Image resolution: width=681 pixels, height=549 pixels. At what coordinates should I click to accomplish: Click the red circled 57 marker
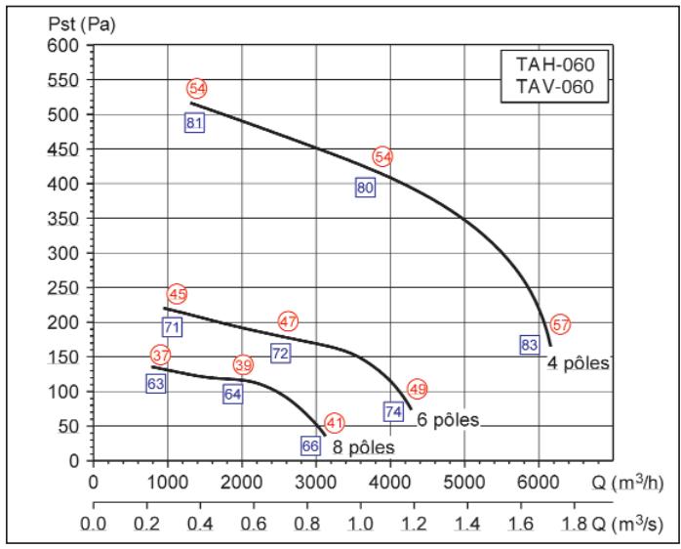tap(559, 324)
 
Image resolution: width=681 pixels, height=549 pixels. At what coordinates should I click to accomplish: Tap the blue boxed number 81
tap(194, 123)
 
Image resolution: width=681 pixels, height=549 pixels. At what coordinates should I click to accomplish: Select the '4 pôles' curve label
tap(578, 363)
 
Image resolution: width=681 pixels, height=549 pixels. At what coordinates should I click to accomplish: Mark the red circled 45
tap(177, 294)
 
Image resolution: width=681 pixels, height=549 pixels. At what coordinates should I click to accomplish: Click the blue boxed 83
tap(530, 345)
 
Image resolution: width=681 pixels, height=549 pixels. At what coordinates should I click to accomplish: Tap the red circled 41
tap(335, 423)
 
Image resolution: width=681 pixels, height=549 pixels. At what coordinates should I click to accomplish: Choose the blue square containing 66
tap(310, 445)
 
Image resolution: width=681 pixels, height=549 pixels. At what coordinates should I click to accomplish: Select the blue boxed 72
tap(280, 354)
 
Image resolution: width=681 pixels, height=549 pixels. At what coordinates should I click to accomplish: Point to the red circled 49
tap(418, 389)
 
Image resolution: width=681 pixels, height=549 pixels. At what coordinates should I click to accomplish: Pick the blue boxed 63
tap(155, 384)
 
